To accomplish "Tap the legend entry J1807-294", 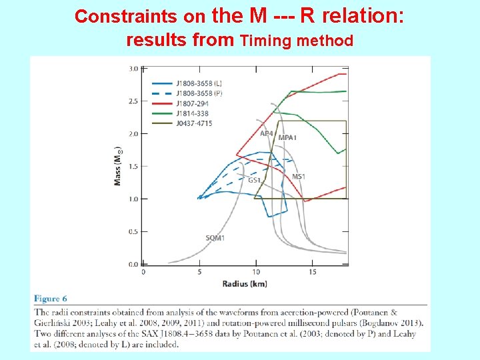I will (x=193, y=103).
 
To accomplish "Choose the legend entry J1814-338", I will (x=193, y=113).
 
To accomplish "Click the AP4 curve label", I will (x=266, y=133).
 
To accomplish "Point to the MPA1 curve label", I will (x=287, y=137).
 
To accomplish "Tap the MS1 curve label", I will (x=299, y=177).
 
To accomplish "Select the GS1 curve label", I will (x=254, y=180).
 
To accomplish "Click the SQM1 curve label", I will (x=215, y=238).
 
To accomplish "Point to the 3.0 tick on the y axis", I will (x=133, y=69).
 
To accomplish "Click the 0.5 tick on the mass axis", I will (x=133, y=231).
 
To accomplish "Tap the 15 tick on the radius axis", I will (x=313, y=272).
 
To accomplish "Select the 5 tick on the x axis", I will (x=200, y=272).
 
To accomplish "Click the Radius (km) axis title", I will (x=245, y=284).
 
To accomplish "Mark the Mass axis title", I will (x=118, y=167).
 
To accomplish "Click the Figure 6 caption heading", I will (x=51, y=299).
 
